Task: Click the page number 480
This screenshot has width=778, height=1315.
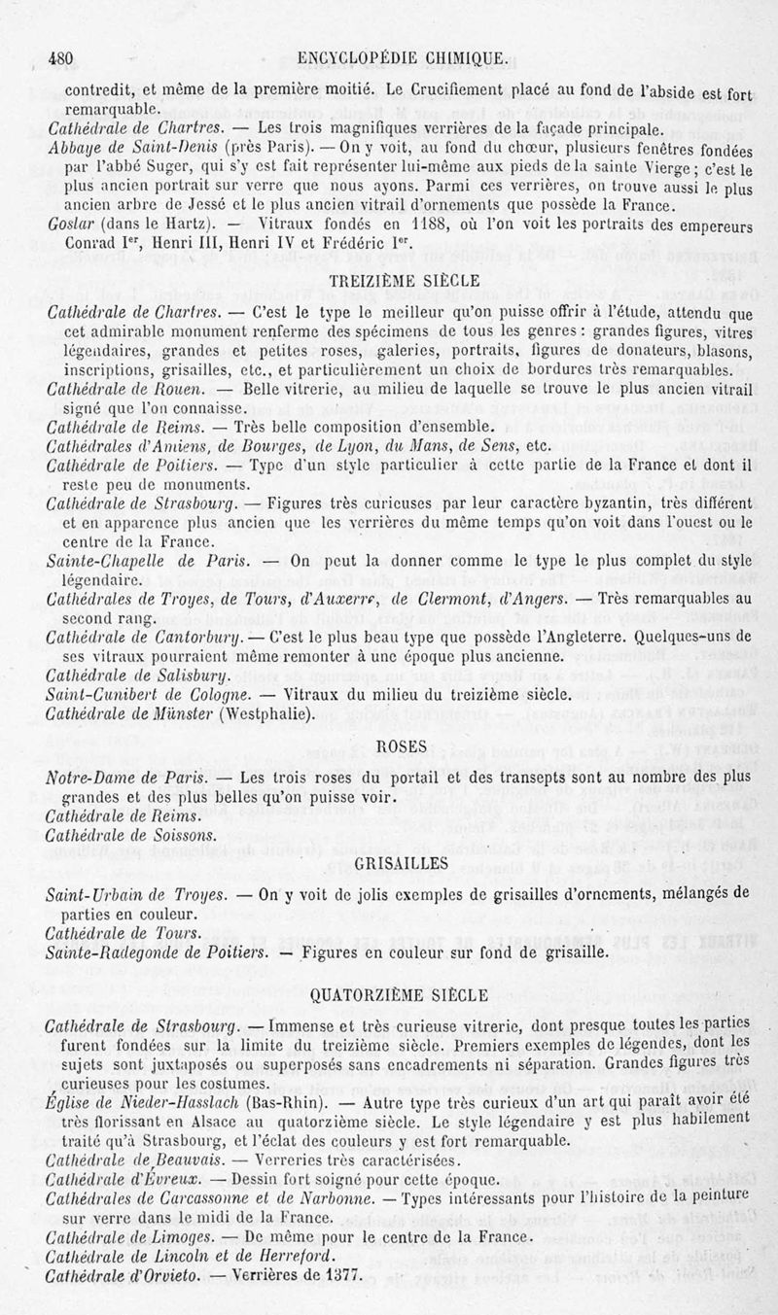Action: tap(62, 57)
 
